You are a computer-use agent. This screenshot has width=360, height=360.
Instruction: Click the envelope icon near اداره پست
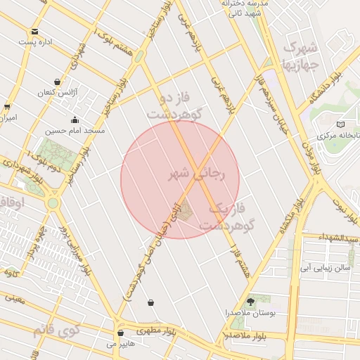34,32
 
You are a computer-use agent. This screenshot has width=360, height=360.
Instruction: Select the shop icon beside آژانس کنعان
57,82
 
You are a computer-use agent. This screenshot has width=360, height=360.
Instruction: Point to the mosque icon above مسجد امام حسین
75,120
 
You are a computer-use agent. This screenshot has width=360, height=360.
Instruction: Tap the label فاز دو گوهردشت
175,105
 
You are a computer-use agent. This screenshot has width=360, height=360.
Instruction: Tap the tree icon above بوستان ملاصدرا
251,301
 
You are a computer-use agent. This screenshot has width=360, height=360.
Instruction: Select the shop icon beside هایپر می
120,333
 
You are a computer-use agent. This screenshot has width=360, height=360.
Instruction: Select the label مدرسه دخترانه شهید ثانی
245,8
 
